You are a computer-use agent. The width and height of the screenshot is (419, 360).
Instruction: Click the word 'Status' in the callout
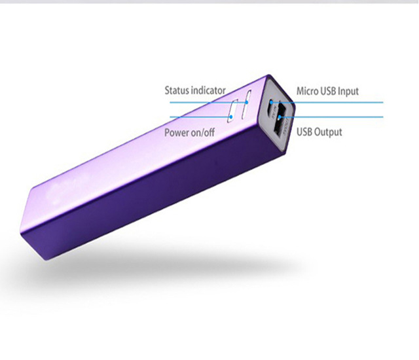(177, 90)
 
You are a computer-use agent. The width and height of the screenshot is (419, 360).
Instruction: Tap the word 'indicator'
(208, 90)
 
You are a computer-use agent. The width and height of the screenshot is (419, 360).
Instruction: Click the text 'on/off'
(202, 132)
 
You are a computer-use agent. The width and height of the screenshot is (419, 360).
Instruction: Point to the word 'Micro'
(307, 91)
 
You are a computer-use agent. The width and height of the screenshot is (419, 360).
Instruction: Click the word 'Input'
(348, 92)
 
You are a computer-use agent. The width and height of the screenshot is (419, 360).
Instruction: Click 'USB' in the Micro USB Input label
(328, 91)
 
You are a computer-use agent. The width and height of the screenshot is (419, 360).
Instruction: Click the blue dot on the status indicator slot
(247, 102)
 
